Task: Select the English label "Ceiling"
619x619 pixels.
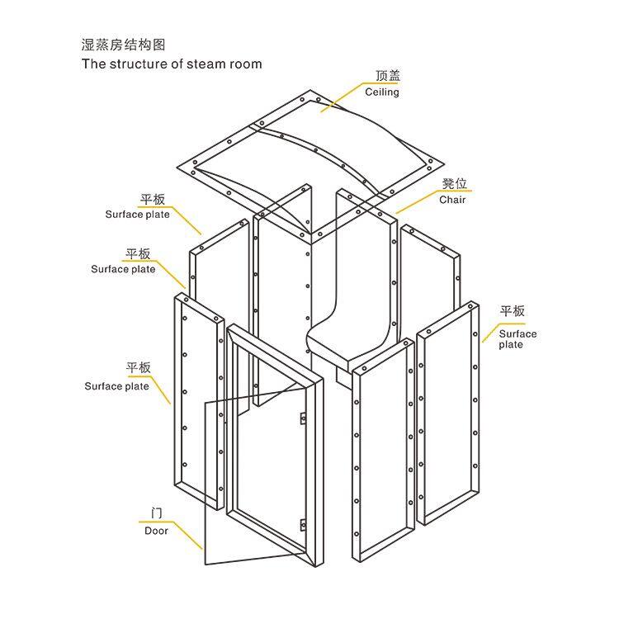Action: coord(382,92)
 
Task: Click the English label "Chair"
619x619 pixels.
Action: coord(452,200)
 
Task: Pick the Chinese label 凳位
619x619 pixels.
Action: coord(454,183)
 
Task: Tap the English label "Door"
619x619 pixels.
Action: coord(156,531)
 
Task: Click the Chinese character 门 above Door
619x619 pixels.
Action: coord(156,514)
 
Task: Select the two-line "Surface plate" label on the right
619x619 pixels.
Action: coord(517,338)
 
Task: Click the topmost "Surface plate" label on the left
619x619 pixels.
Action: coord(137,215)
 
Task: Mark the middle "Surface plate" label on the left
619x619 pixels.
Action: coord(123,269)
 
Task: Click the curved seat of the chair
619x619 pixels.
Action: coord(347,338)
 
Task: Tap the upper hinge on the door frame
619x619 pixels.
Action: coord(303,416)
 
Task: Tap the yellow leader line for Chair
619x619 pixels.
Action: coord(417,201)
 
